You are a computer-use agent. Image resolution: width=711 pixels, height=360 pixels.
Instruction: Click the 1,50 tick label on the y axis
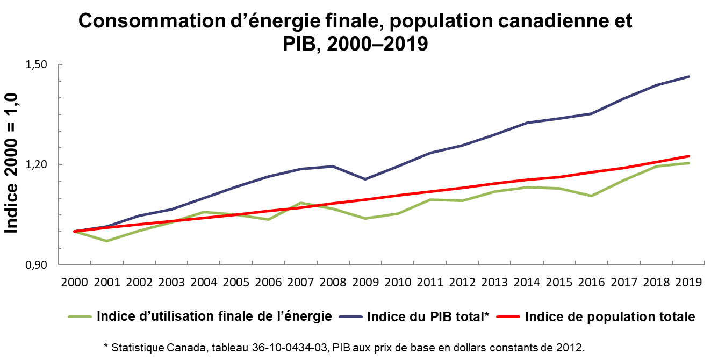(37, 64)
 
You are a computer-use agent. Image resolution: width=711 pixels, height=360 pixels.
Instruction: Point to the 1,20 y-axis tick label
(37, 164)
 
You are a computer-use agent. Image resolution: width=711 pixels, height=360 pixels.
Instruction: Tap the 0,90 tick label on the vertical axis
(37, 265)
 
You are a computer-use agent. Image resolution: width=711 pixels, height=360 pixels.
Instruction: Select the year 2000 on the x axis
(75, 283)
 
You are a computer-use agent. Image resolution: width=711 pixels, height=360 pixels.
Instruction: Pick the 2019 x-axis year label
(689, 283)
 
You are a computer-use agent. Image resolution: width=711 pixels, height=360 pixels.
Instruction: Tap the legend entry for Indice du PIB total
(427, 316)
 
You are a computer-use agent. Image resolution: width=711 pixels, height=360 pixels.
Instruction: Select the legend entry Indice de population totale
(609, 316)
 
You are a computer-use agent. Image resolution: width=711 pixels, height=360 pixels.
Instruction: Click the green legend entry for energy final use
(214, 316)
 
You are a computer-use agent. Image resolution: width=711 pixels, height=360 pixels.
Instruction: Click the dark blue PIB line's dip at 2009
(366, 179)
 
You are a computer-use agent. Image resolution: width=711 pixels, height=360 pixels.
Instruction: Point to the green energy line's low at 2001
(107, 241)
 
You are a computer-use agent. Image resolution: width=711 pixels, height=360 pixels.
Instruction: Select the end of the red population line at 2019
(688, 156)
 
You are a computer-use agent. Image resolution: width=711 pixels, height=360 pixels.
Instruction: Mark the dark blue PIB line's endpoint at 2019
(688, 76)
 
